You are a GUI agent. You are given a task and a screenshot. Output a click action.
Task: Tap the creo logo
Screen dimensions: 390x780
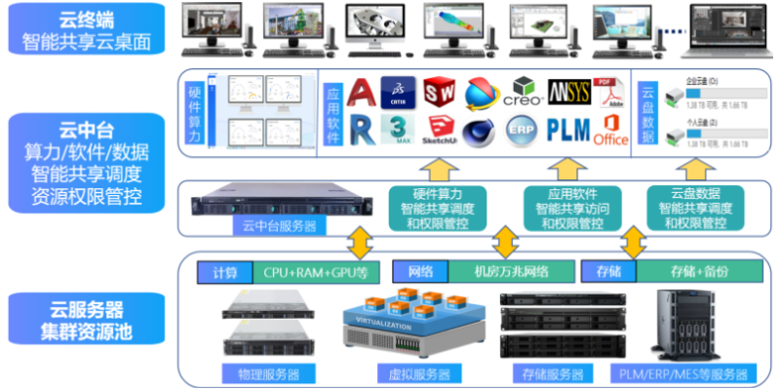pos(524,94)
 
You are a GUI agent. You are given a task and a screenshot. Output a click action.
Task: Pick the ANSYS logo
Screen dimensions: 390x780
pos(567,94)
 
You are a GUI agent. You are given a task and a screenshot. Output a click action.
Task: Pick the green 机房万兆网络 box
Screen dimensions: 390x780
pos(511,270)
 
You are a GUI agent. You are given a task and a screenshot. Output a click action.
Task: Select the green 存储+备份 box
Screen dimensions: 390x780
pos(701,270)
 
